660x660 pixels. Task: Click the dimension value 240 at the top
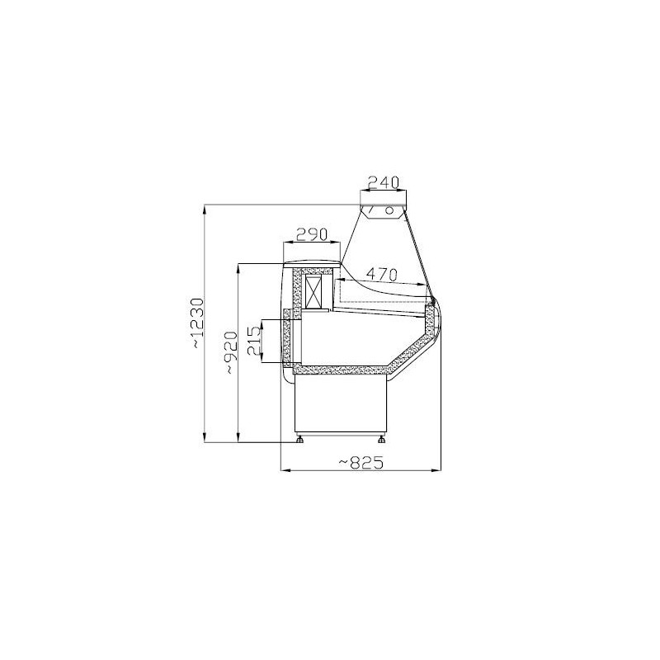[x=383, y=182]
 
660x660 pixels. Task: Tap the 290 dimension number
[x=312, y=234]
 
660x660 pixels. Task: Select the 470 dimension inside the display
[x=381, y=275]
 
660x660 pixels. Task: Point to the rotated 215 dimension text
[x=254, y=341]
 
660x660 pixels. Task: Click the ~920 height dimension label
[x=231, y=352]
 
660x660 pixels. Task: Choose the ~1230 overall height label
[x=196, y=323]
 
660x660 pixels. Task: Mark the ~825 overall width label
[x=361, y=463]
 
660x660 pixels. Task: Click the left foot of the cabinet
[x=299, y=439]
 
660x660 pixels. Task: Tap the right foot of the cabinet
[x=381, y=439]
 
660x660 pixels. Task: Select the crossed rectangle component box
[x=313, y=292]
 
